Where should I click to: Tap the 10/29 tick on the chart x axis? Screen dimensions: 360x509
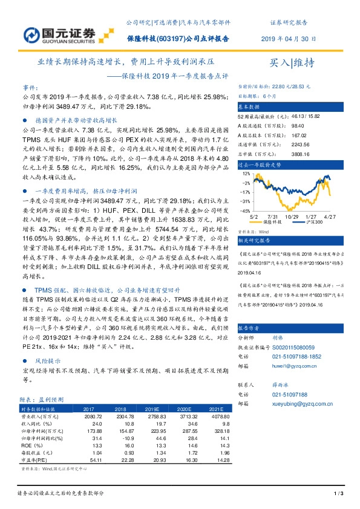(x=293, y=216)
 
